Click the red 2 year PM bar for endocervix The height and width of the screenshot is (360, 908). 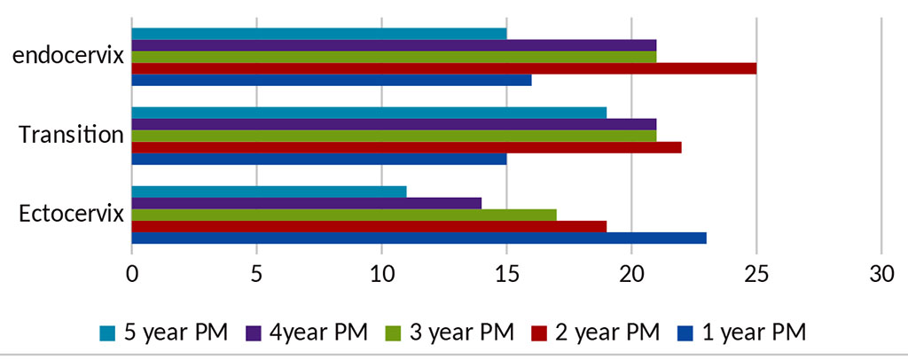click(x=443, y=68)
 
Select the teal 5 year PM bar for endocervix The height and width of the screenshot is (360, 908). click(x=319, y=34)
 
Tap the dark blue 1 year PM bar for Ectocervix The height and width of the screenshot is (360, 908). click(x=419, y=238)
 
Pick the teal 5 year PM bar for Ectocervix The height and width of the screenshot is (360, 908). click(x=269, y=192)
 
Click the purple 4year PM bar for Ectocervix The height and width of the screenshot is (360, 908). click(x=306, y=203)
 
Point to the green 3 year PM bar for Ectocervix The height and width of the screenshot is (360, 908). click(x=344, y=215)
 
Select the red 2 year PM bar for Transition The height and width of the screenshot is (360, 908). click(x=406, y=147)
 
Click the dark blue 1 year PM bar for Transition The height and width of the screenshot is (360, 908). click(x=319, y=159)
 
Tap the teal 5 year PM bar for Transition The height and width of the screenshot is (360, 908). click(x=369, y=113)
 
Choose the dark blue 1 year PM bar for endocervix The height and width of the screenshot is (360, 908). click(x=332, y=80)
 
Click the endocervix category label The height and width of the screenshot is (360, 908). click(x=67, y=57)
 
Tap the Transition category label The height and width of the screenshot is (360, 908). click(x=71, y=136)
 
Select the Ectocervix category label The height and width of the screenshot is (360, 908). click(x=69, y=215)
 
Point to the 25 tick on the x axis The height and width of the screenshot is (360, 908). click(x=755, y=275)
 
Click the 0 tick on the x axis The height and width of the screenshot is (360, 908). click(x=132, y=275)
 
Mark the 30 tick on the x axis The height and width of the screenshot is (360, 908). click(x=881, y=275)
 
